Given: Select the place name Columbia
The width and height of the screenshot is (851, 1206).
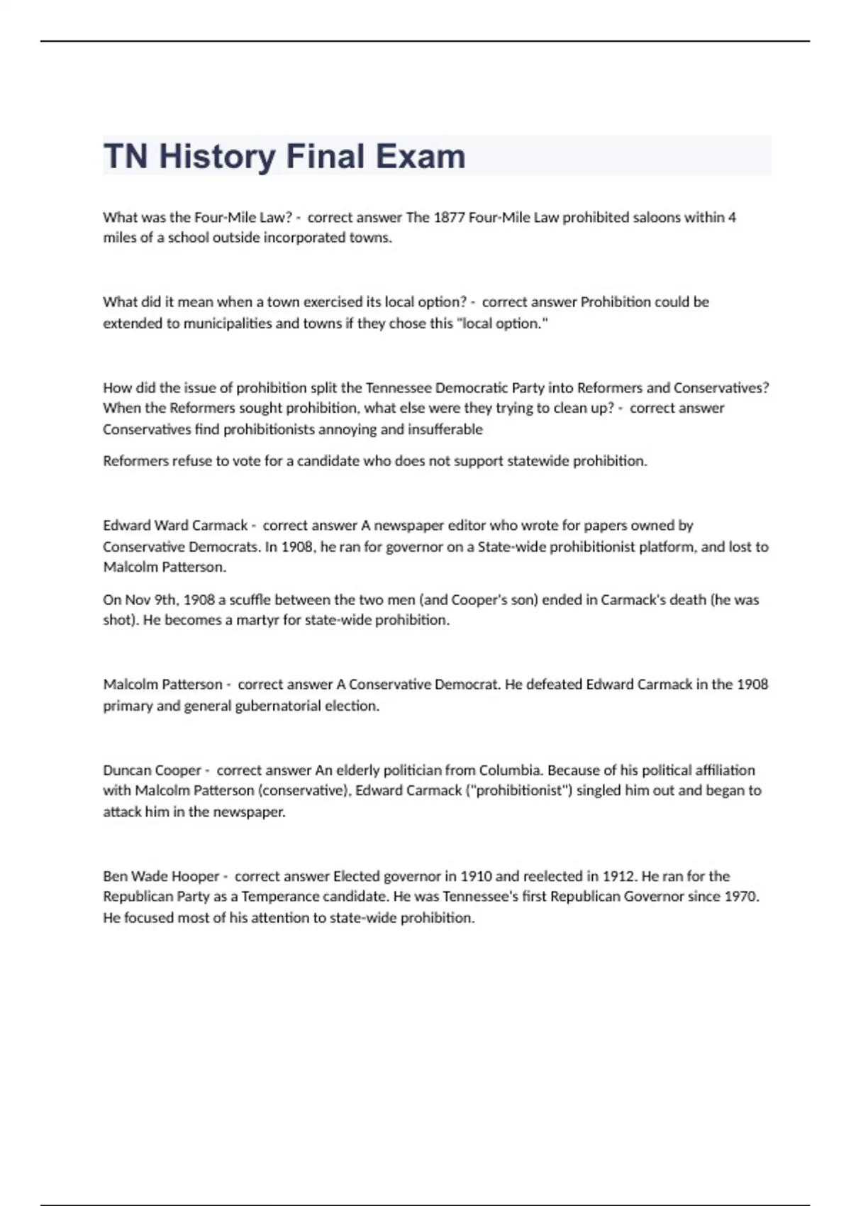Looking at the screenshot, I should point(510,770).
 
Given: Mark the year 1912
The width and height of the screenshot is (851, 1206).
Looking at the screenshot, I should point(618,876).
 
